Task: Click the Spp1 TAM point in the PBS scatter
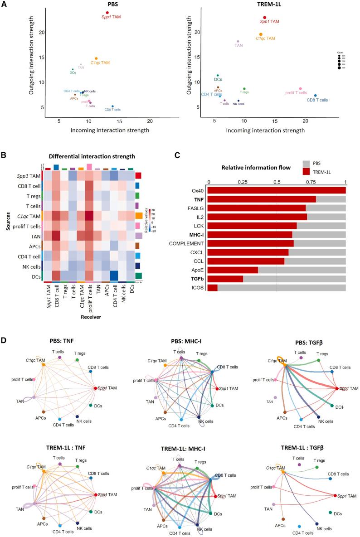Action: click(107, 13)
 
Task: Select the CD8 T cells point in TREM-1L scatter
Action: click(316, 96)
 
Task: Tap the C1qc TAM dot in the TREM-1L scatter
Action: click(261, 34)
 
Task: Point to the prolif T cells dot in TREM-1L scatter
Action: click(300, 89)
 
